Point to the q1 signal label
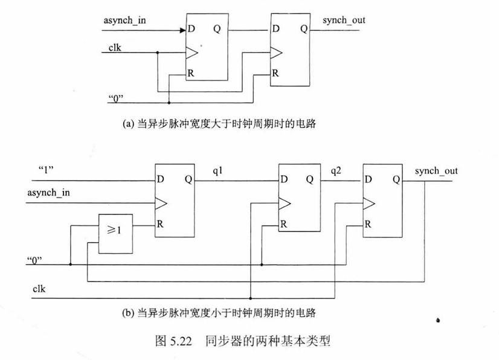pyautogui.click(x=218, y=171)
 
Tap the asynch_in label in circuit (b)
pyautogui.click(x=48, y=193)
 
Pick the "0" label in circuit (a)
pyautogui.click(x=115, y=97)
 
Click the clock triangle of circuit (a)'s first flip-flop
pyautogui.click(x=191, y=53)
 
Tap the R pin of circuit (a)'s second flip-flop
pyautogui.click(x=275, y=74)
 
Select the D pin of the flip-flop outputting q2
pyautogui.click(x=283, y=179)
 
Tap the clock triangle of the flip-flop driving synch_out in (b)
pyautogui.click(x=369, y=201)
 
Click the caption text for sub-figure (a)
pyautogui.click(x=220, y=124)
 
